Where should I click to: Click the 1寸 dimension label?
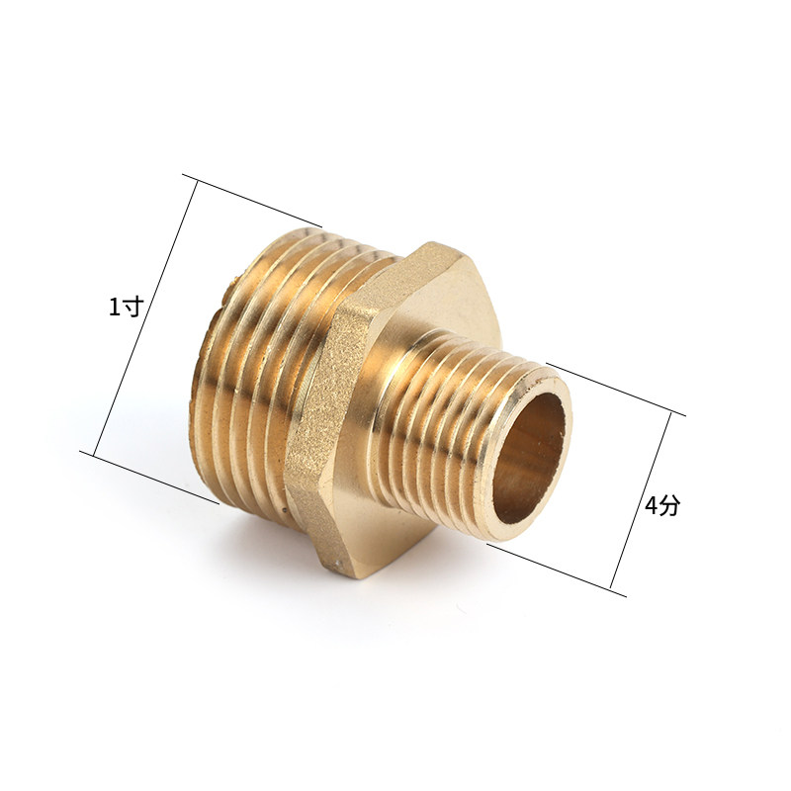click(x=127, y=307)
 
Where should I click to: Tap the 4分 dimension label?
click(x=662, y=505)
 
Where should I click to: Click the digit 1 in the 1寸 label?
click(x=116, y=307)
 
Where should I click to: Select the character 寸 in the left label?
click(x=133, y=307)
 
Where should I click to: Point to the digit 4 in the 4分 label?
click(x=652, y=505)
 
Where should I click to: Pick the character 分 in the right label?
click(x=670, y=505)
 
